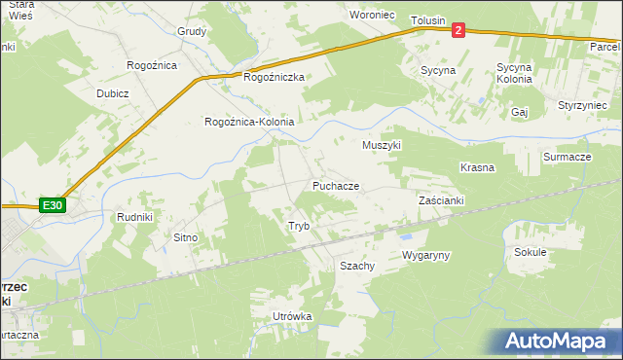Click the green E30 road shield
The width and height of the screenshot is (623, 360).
(x=53, y=205)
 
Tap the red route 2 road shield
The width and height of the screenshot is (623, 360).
(x=458, y=30)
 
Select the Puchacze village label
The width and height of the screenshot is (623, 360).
(x=336, y=185)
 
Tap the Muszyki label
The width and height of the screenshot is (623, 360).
(x=382, y=145)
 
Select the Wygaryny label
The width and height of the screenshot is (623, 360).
(x=425, y=255)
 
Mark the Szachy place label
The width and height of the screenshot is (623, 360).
(x=357, y=266)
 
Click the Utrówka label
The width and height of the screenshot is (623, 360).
(x=292, y=317)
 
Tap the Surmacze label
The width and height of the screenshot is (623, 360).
(x=568, y=157)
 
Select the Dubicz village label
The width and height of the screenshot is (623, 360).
(x=113, y=93)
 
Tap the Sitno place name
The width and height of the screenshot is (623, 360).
(x=185, y=237)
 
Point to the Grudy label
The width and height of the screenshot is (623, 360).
(x=192, y=31)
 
